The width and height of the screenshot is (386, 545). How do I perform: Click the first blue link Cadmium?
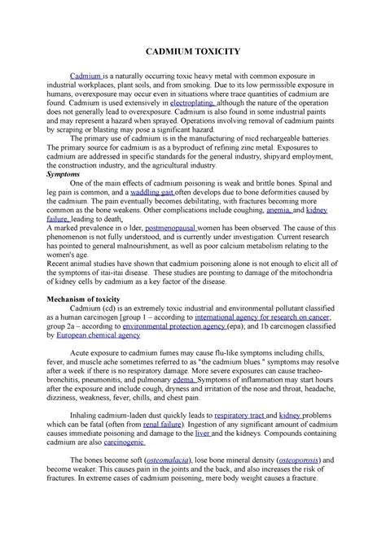pyautogui.click(x=86, y=76)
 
